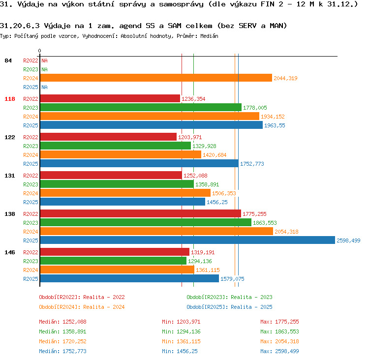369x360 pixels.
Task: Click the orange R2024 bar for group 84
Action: tap(156, 78)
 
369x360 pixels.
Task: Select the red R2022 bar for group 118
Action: tap(110, 98)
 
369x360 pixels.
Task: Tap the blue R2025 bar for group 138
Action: tap(187, 240)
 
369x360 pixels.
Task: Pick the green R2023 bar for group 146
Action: tap(113, 261)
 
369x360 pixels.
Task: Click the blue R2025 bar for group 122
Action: tap(139, 164)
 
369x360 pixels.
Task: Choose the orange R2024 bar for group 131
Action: tap(125, 193)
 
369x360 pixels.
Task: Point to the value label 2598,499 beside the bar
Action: tap(348, 240)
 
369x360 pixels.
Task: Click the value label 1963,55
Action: tap(275, 125)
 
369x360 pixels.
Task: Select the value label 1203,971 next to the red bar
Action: tap(190, 137)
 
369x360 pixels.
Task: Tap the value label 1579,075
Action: tap(232, 279)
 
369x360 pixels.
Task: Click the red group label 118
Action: tap(10, 99)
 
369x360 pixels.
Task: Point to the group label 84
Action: tap(8, 60)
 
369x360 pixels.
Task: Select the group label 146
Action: tap(10, 252)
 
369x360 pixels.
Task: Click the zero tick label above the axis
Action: tap(39, 51)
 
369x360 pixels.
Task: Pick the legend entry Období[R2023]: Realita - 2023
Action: tap(229, 297)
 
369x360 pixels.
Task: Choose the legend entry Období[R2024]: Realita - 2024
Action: tap(82, 307)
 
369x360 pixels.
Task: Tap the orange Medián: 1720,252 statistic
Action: tap(62, 341)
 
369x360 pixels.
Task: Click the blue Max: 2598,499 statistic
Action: tap(279, 351)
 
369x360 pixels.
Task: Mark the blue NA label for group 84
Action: tap(44, 87)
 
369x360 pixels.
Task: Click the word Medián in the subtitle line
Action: tap(209, 36)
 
